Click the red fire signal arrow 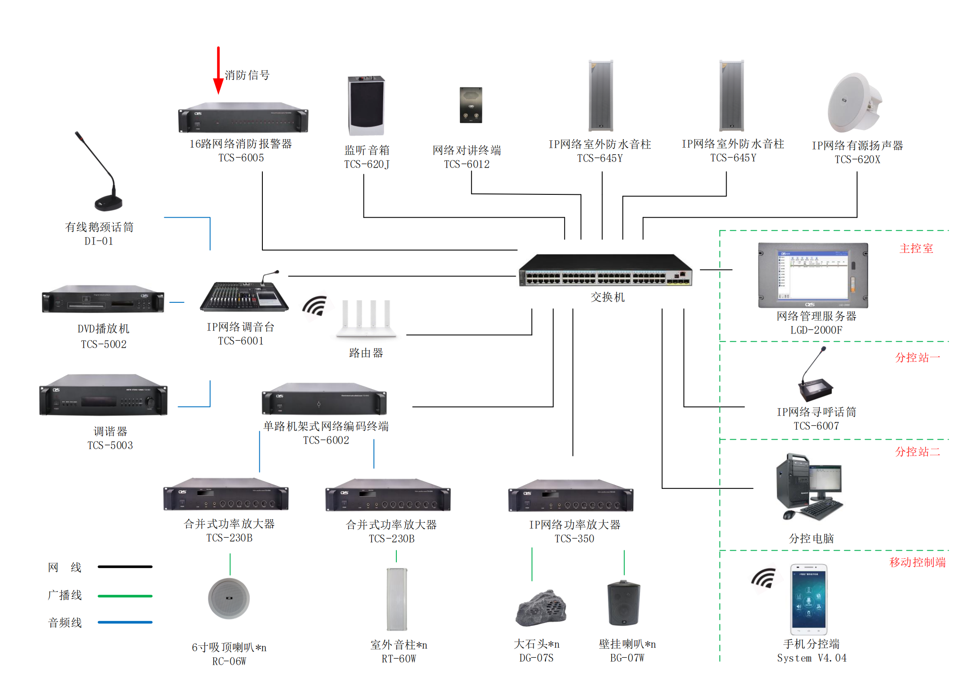pos(218,71)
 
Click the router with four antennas pos(366,318)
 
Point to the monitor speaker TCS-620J pos(366,106)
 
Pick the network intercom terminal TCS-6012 pos(471,105)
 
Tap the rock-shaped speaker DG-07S pos(541,608)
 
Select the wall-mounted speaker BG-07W pos(623,603)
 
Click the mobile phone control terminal pos(809,599)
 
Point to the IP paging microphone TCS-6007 pos(816,380)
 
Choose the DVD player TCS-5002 pos(103,299)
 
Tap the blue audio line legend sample pos(125,622)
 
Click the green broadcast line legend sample pos(125,596)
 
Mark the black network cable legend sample pos(125,567)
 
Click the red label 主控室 pos(916,248)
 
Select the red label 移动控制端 pos(917,562)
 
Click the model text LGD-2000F pos(816,330)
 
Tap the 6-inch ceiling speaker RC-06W pos(229,599)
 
